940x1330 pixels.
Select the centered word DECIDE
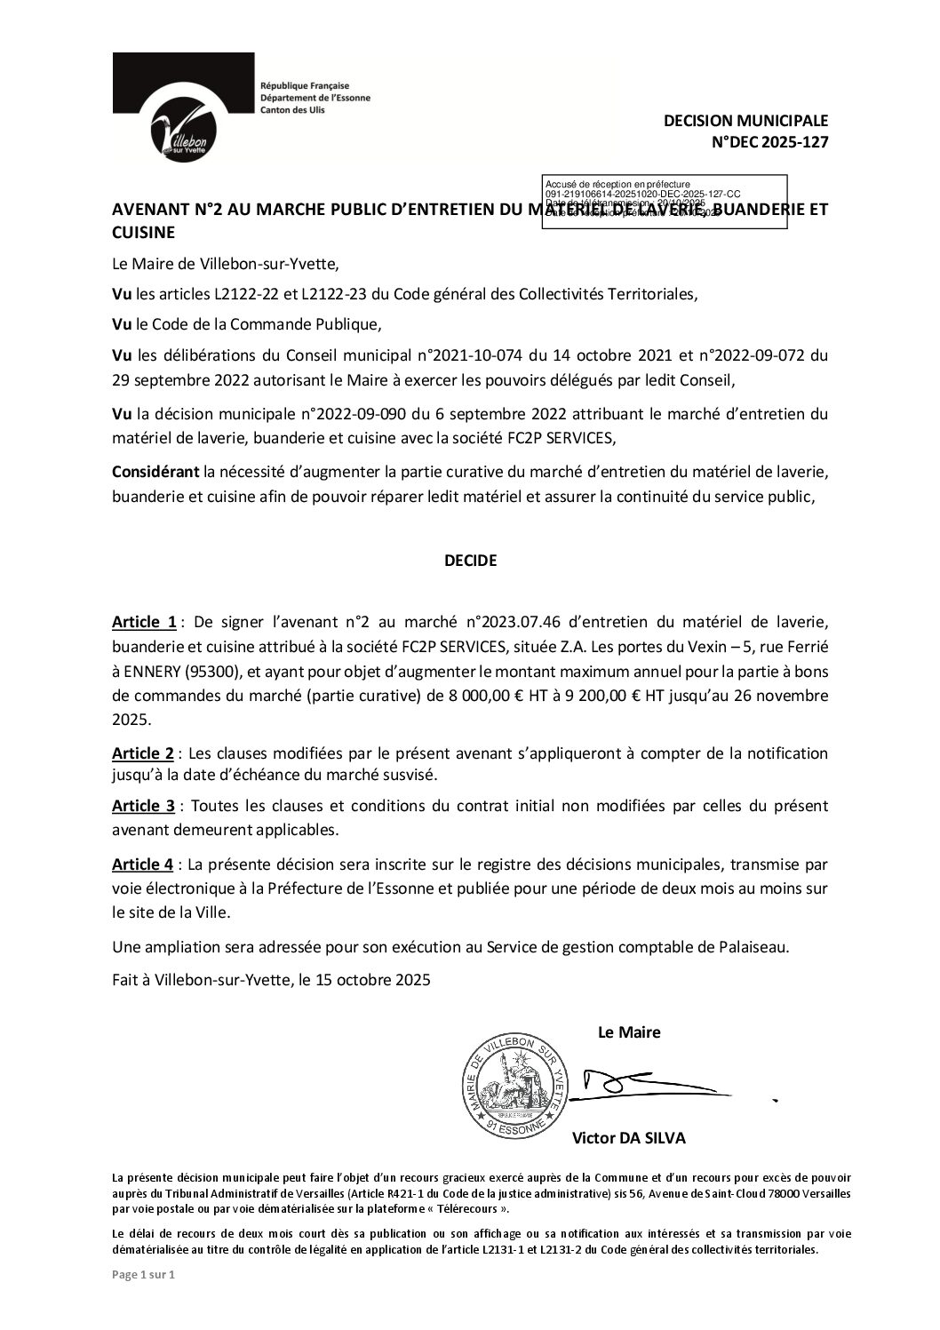coord(470,561)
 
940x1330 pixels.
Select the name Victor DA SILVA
coord(629,1137)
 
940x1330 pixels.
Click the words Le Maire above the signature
coord(629,1032)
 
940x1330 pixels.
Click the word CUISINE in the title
coord(143,233)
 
